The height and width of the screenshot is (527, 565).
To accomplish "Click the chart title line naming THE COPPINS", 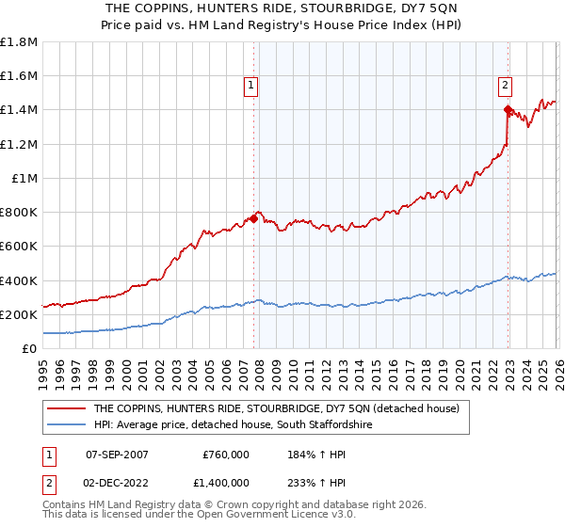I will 283,8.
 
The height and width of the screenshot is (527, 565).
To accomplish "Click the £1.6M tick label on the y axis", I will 19,76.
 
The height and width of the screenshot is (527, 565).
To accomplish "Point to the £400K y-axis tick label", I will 19,280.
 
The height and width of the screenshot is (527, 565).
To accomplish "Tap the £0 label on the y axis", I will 28,349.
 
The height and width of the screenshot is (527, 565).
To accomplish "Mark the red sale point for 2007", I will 253,219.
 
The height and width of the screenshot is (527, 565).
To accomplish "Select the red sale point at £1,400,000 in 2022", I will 508,110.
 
